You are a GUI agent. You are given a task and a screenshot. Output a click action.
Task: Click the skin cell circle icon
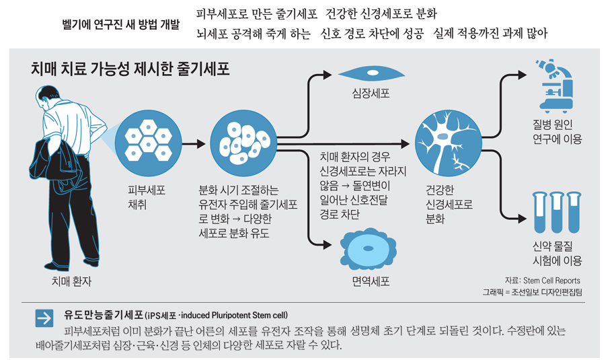click(x=149, y=143)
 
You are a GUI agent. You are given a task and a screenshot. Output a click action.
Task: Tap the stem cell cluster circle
click(x=243, y=143)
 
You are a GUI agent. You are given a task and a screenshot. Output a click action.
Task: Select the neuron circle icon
click(x=449, y=143)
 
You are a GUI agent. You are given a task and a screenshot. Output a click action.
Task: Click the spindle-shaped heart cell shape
click(x=371, y=73)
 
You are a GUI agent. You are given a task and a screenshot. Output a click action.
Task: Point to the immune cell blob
click(x=369, y=249)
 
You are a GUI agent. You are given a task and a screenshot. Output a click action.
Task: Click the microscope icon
click(x=555, y=86)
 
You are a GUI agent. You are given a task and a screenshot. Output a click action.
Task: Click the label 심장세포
click(x=371, y=94)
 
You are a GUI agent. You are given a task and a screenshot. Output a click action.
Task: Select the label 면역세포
click(x=371, y=281)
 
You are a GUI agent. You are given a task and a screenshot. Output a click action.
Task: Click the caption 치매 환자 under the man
click(x=72, y=281)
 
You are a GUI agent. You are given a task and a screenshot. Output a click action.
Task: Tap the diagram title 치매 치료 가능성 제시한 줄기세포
click(x=130, y=69)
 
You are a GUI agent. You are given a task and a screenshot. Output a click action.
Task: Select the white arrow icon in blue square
click(x=44, y=318)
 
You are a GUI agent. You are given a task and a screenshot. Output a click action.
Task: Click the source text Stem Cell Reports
click(x=551, y=281)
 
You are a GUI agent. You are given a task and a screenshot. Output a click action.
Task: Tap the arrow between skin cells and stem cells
click(x=194, y=144)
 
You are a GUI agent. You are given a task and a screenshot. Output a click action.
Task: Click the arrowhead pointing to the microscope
click(x=522, y=75)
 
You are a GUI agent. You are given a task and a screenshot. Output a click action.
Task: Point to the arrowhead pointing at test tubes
click(x=522, y=218)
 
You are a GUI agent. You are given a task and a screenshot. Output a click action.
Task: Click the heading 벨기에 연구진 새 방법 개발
click(x=121, y=25)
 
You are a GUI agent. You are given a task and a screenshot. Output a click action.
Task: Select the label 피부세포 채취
click(x=147, y=197)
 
